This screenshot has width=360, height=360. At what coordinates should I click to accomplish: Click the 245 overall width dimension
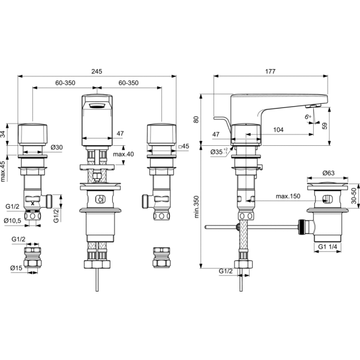(97, 71)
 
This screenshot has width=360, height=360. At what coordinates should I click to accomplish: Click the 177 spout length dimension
(270, 71)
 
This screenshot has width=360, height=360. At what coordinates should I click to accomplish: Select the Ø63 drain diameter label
(329, 173)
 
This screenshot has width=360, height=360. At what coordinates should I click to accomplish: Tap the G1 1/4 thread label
(328, 247)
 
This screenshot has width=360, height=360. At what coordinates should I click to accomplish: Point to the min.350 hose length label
(197, 206)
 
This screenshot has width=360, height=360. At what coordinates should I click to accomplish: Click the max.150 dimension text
(288, 196)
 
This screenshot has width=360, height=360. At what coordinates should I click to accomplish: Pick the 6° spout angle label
(308, 116)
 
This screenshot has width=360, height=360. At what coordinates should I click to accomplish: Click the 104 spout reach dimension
(278, 130)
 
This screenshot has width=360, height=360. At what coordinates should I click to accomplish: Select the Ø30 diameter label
(57, 147)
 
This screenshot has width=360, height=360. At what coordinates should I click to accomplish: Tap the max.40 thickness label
(123, 154)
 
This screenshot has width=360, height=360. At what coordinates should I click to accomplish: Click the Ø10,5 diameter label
(13, 221)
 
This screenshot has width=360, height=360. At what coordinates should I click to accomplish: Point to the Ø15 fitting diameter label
(16, 268)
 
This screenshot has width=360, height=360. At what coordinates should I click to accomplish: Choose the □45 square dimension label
(184, 146)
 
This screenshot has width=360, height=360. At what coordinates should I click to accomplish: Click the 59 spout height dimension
(325, 126)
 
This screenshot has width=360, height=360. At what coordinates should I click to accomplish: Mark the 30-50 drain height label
(354, 196)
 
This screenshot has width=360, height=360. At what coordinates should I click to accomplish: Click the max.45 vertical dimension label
(3, 172)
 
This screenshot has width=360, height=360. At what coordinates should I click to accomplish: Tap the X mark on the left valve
(33, 203)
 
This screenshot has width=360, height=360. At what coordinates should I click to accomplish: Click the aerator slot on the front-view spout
(97, 106)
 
